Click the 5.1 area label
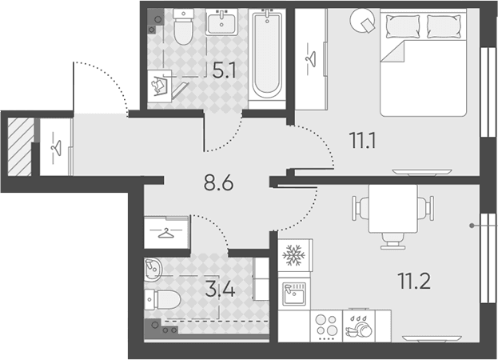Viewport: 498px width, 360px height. (225, 70)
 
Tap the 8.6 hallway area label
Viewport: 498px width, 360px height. (218, 182)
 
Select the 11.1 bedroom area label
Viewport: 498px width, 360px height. (362, 141)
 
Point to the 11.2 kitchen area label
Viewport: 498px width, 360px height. (414, 281)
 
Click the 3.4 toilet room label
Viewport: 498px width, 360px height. (220, 290)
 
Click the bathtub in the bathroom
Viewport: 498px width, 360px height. (267, 54)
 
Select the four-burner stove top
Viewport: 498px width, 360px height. (327, 326)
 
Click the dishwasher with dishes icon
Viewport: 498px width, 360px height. (359, 326)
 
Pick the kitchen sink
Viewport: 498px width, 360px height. (294, 294)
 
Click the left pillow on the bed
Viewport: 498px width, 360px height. (403, 26)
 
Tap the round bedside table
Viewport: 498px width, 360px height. (362, 20)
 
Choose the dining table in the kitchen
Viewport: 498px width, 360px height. (392, 209)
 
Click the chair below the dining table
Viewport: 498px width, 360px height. (392, 241)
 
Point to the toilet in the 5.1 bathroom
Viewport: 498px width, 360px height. (183, 26)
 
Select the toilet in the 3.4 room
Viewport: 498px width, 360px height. (162, 300)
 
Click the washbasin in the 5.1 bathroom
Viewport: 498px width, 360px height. (221, 22)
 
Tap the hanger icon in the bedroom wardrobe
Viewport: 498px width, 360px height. (311, 59)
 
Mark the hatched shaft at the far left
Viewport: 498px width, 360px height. (20, 146)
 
